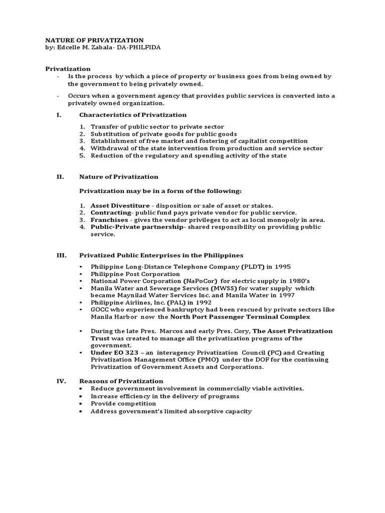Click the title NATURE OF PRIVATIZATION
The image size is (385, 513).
(95, 40)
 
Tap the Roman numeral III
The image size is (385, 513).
(60, 255)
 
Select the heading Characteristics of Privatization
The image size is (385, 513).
(133, 115)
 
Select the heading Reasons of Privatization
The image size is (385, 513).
(121, 381)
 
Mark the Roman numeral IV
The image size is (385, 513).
(60, 381)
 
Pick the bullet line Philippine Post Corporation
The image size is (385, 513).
(135, 274)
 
